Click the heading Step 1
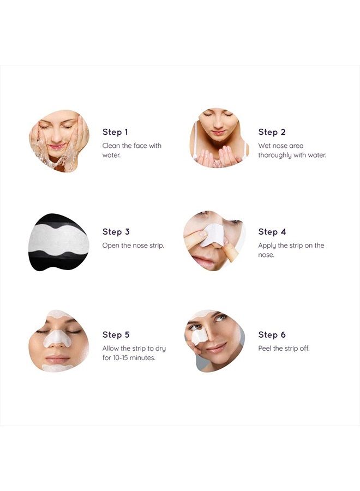115,132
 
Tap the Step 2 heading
272,132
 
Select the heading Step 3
116,232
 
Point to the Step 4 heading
272,232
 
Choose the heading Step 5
116,335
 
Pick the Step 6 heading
272,335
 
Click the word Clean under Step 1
111,146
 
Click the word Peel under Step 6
265,349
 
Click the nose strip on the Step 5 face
57,339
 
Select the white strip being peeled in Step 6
198,337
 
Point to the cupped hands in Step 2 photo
218,155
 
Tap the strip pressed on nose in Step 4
212,234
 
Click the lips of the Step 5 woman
57,358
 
